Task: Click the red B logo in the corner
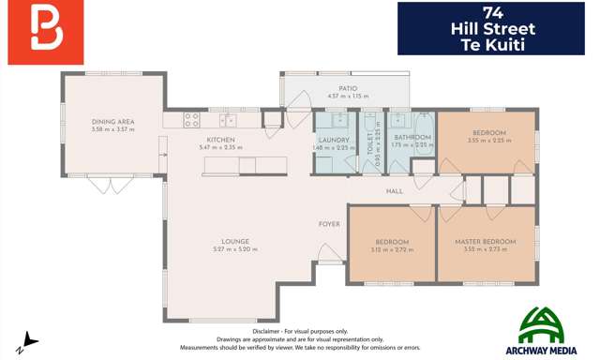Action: pos(45,32)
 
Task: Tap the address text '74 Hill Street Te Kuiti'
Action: pos(490,29)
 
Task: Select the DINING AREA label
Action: pos(112,122)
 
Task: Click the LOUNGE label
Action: pos(234,242)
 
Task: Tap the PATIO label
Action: pos(347,88)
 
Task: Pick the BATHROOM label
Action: pos(412,138)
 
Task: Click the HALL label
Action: pos(394,191)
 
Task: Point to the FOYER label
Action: pos(329,224)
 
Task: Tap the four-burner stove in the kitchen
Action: pos(191,120)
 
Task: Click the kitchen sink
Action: pos(228,120)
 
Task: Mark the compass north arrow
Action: pos(30,341)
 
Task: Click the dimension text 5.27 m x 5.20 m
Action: pos(234,249)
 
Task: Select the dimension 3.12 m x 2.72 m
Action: pos(391,249)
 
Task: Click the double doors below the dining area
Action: pos(111,185)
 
